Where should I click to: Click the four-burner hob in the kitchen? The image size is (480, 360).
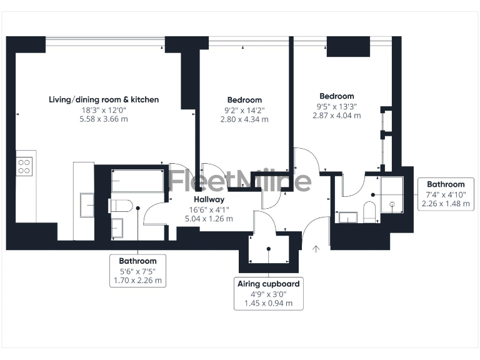click(x=24, y=166)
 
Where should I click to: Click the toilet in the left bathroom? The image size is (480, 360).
click(x=119, y=205)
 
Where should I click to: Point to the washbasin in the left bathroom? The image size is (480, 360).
click(x=117, y=227)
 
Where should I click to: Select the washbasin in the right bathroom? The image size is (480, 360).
click(x=347, y=217)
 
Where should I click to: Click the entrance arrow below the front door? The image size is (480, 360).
click(x=316, y=249)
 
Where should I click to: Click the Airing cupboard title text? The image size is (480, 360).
click(x=268, y=284)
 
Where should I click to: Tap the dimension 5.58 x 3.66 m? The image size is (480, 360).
click(x=104, y=119)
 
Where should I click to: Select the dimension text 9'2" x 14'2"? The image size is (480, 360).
click(x=244, y=110)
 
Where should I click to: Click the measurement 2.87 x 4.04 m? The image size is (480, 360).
click(x=337, y=116)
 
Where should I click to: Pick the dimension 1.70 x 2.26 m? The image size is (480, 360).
click(x=137, y=281)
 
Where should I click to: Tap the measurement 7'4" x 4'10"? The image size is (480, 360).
click(x=446, y=194)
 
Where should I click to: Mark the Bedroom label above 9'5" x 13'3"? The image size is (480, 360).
click(x=337, y=96)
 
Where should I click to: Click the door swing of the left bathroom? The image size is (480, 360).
click(x=154, y=214)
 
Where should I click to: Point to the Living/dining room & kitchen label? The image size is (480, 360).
click(x=104, y=99)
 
